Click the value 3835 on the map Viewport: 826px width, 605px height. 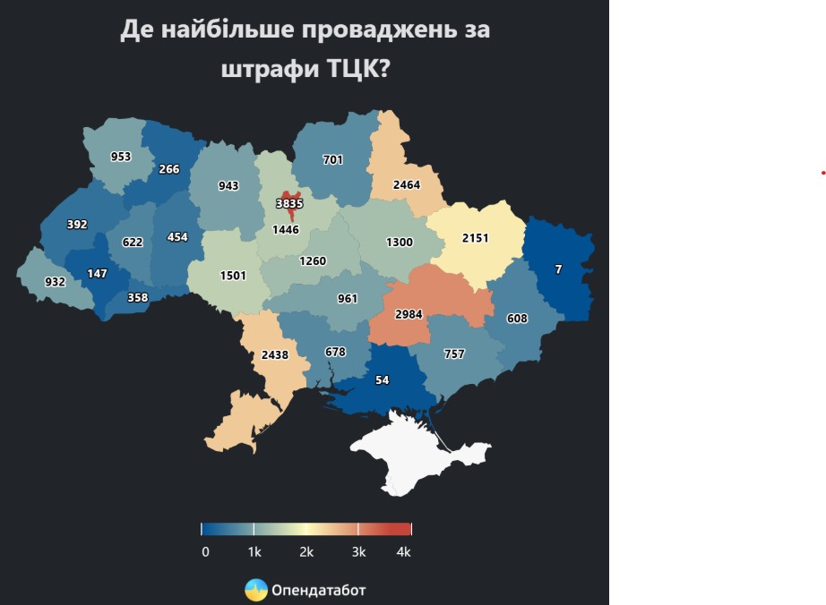coord(289,203)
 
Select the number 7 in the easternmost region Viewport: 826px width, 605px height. coord(559,268)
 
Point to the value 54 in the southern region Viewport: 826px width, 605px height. coord(383,380)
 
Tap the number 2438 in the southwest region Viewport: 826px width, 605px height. coord(275,354)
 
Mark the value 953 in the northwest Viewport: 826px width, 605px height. coord(121,157)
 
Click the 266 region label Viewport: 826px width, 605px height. coord(169,169)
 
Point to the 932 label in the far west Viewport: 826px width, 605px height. coord(55,282)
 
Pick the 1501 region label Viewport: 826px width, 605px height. coord(232,276)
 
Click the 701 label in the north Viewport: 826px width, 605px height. coord(333,160)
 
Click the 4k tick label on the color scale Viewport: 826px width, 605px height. coord(403,552)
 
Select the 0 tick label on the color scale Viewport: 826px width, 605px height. coord(205,552)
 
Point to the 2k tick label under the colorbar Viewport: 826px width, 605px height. coord(306,552)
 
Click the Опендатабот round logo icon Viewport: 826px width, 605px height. coord(256,590)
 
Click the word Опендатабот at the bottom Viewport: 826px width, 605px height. coord(318,591)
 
